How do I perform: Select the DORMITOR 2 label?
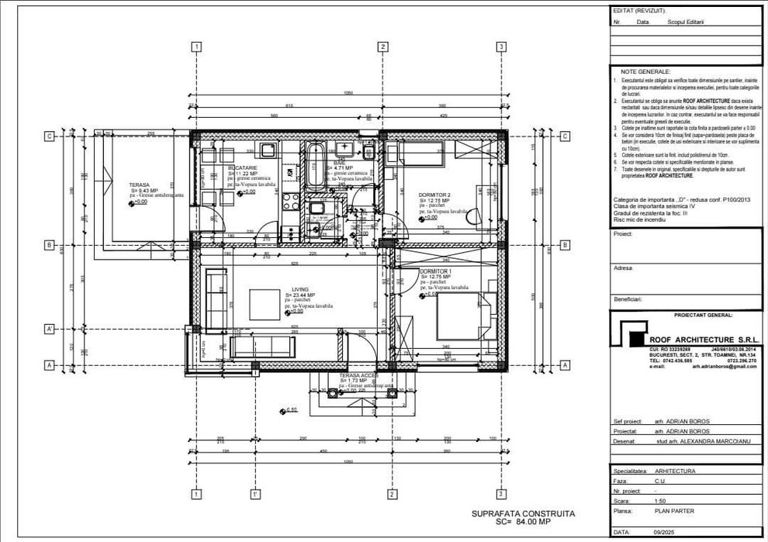coord(435,195)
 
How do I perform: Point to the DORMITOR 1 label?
coord(435,271)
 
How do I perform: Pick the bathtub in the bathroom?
coord(316,165)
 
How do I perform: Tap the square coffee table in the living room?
coord(265,303)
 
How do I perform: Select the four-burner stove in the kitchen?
coord(292,203)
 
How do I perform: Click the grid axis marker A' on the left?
coord(49,330)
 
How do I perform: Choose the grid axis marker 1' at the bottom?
coord(254,494)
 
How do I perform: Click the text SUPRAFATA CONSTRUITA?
coord(524,513)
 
